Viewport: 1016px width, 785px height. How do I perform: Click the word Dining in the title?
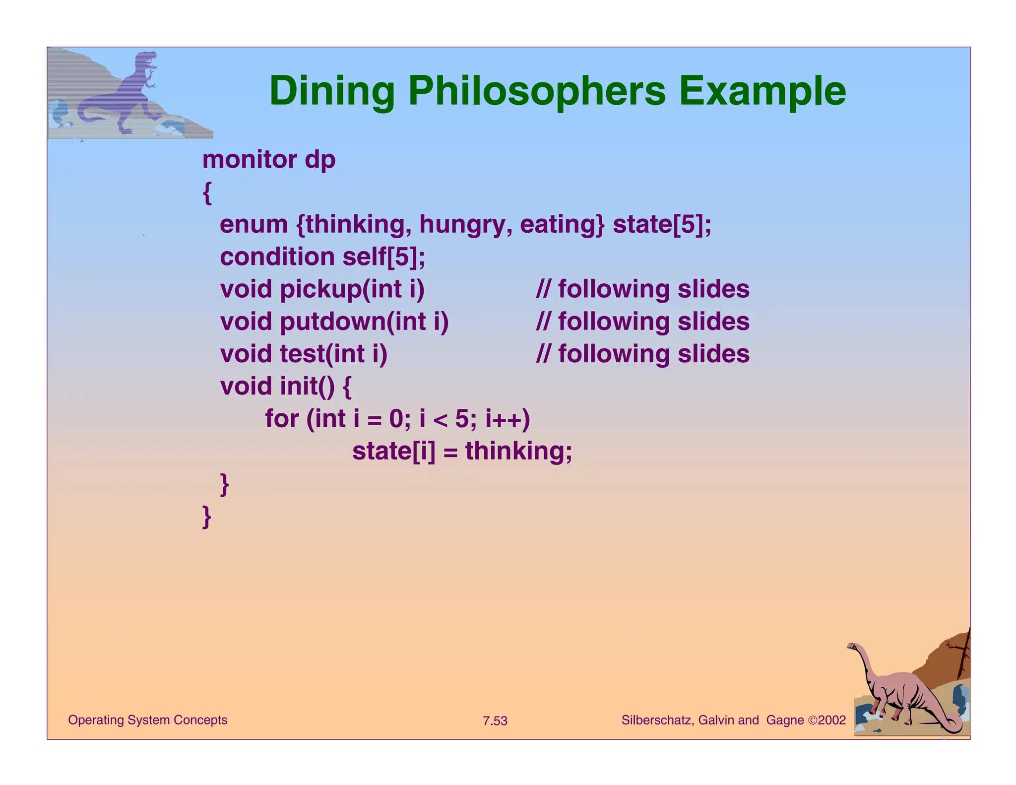pos(331,92)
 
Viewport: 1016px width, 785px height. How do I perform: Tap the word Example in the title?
pos(762,92)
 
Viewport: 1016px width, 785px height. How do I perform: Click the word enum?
pos(254,224)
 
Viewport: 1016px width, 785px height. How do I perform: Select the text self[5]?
pos(383,257)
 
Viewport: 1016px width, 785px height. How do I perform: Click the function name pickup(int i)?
pos(352,289)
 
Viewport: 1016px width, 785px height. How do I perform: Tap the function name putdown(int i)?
pos(364,322)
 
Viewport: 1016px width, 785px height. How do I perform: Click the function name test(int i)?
pos(333,354)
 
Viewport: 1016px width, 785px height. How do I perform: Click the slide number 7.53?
pos(495,721)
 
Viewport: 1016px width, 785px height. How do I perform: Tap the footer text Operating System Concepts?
pos(147,720)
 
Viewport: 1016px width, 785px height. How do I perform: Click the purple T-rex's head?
pos(147,60)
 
